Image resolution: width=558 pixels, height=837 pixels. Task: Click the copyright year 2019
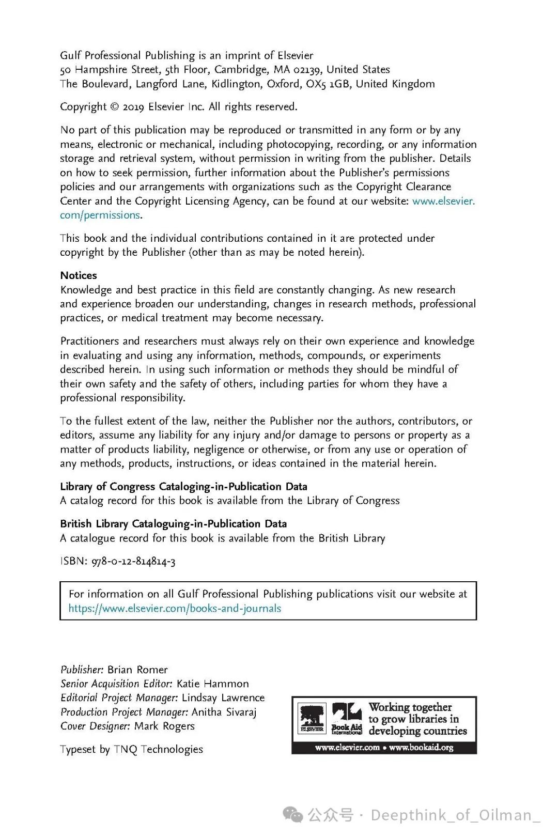pyautogui.click(x=133, y=107)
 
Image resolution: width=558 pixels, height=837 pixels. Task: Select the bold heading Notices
pyautogui.click(x=79, y=275)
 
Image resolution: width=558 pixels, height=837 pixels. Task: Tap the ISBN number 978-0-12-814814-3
pyautogui.click(x=133, y=562)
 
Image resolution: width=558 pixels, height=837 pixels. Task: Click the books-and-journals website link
pyautogui.click(x=175, y=609)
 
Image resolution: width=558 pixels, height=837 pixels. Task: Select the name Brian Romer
pyautogui.click(x=137, y=670)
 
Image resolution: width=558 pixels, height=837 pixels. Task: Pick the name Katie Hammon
pyautogui.click(x=213, y=684)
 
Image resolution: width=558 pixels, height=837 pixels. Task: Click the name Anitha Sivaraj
pyautogui.click(x=224, y=712)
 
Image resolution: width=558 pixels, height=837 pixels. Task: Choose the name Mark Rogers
pyautogui.click(x=164, y=726)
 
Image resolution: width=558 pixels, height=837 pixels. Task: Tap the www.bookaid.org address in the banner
pyautogui.click(x=421, y=748)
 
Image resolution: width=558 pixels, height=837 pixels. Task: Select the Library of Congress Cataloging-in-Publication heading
pyautogui.click(x=183, y=487)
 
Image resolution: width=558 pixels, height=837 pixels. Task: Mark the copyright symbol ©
pyautogui.click(x=115, y=107)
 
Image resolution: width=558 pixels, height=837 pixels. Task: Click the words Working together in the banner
pyautogui.click(x=410, y=707)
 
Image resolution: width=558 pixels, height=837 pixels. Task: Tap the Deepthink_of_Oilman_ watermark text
pyautogui.click(x=455, y=815)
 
